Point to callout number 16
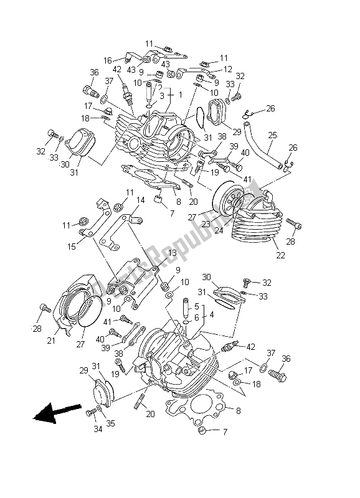107,60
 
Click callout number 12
228,69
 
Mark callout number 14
141,200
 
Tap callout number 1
181,95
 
